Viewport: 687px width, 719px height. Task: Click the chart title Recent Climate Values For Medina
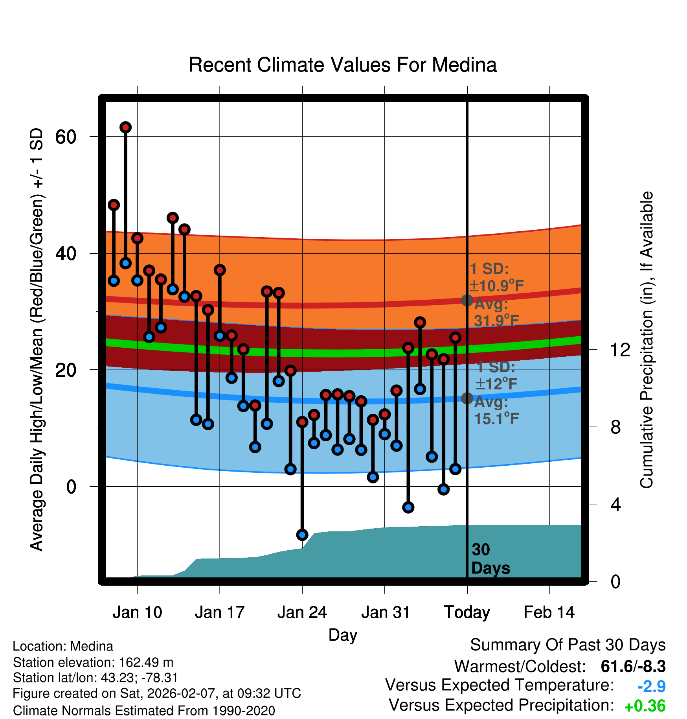(x=343, y=65)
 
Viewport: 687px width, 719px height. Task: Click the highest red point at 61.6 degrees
(x=125, y=127)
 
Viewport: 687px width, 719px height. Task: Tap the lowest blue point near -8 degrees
(x=302, y=535)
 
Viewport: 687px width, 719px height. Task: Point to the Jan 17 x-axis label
(x=220, y=612)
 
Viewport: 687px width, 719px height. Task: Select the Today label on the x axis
(x=467, y=612)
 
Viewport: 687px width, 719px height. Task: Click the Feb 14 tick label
(x=549, y=612)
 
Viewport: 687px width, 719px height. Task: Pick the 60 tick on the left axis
(x=66, y=137)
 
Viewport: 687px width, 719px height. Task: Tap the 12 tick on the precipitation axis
(x=620, y=350)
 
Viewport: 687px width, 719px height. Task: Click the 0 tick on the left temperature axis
(x=71, y=487)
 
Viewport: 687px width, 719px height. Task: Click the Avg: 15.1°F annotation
(x=496, y=410)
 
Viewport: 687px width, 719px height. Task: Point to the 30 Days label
(x=490, y=559)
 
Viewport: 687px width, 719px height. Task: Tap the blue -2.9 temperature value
(x=651, y=686)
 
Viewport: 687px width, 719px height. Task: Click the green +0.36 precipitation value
(x=645, y=706)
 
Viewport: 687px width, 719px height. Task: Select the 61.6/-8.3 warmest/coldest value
(x=633, y=666)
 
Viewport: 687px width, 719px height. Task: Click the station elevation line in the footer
(x=93, y=662)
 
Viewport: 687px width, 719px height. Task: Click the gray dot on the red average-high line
(x=467, y=301)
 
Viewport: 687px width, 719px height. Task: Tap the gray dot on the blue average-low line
(x=467, y=398)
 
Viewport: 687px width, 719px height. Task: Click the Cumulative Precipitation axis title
(x=647, y=340)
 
